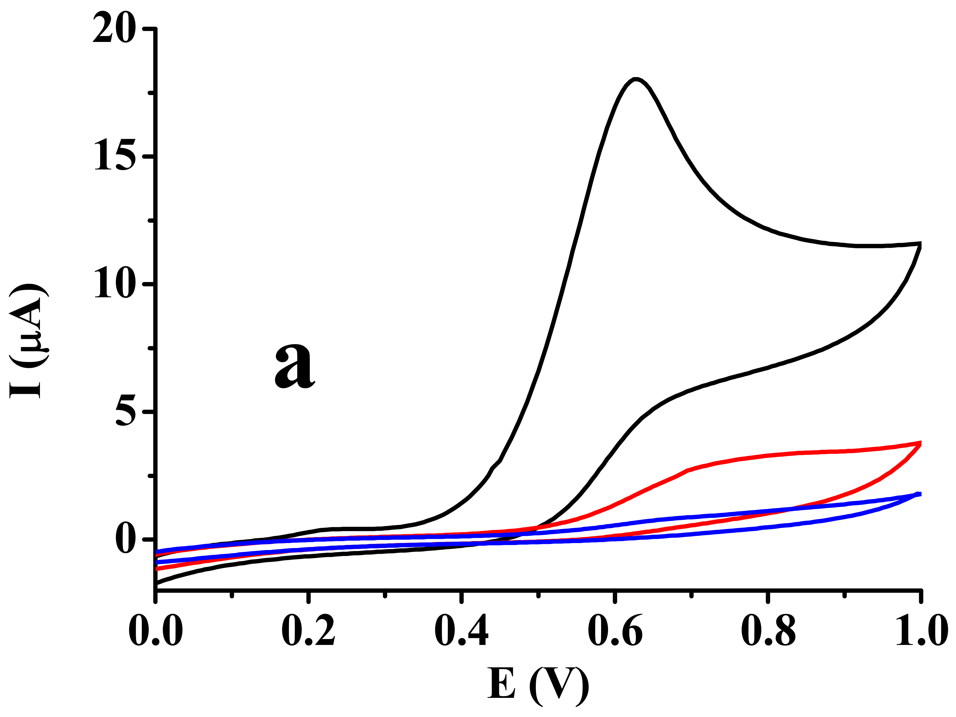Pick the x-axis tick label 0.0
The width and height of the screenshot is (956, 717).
coord(155,631)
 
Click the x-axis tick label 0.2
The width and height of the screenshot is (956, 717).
coord(308,631)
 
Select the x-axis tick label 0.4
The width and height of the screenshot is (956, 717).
coord(462,631)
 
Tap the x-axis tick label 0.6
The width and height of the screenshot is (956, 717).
coord(615,631)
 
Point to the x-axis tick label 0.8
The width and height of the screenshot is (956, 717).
coord(768,631)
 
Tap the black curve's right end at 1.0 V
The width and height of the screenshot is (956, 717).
coord(920,245)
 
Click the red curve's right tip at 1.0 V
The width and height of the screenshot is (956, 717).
coord(920,443)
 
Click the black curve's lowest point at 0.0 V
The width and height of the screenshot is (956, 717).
coord(156,583)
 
